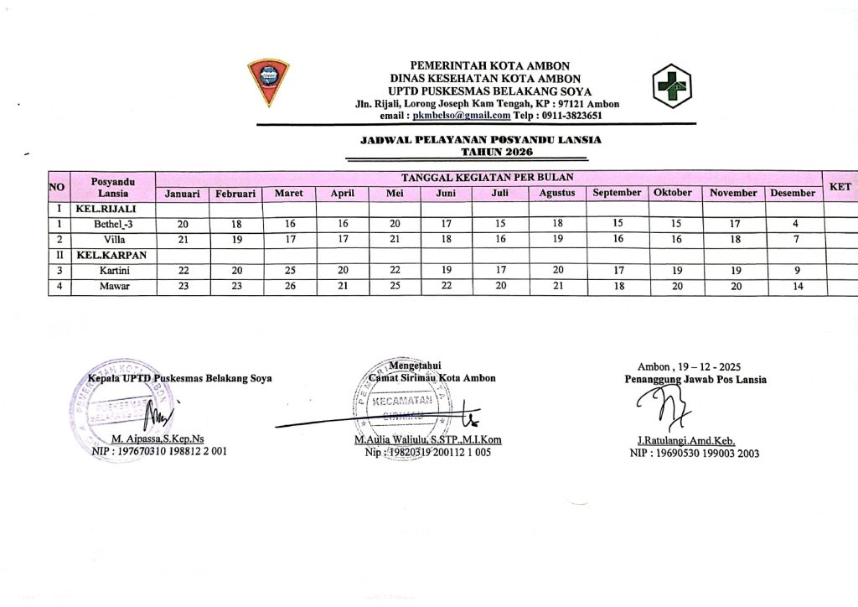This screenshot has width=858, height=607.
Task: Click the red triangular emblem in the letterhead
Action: pyautogui.click(x=267, y=82)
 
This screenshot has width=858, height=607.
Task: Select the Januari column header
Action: pyautogui.click(x=183, y=194)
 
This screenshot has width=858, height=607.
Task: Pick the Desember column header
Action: pyautogui.click(x=793, y=194)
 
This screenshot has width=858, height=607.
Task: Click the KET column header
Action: pyautogui.click(x=840, y=186)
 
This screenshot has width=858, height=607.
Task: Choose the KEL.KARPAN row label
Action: pyautogui.click(x=109, y=255)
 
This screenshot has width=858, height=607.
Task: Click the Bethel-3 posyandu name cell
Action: pyautogui.click(x=113, y=224)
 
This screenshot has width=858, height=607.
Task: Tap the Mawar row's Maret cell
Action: pyautogui.click(x=289, y=286)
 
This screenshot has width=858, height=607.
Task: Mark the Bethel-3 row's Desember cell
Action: pyautogui.click(x=793, y=224)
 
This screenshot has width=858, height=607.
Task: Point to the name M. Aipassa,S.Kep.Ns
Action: pyautogui.click(x=158, y=439)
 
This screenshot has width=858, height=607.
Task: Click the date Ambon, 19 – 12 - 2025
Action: pyautogui.click(x=695, y=367)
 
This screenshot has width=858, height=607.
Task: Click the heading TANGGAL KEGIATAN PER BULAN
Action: pyautogui.click(x=488, y=178)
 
